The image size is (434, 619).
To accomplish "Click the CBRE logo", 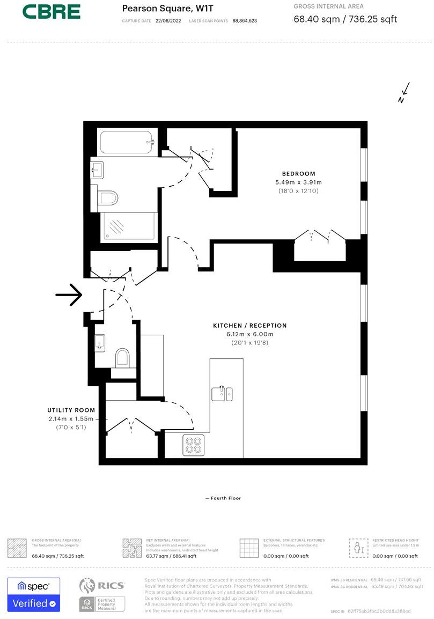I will pos(52,11).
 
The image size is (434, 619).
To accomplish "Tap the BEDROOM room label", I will pos(299,173).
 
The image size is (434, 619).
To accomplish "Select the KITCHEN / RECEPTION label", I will pos(249,326).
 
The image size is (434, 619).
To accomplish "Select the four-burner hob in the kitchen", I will pos(193,445).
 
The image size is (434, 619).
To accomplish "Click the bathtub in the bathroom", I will pos(127,142).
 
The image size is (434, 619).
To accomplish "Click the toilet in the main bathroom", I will pos(107,198).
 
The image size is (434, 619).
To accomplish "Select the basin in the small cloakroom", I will pos(100,342).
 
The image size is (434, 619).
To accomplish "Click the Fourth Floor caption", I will pos(223,498).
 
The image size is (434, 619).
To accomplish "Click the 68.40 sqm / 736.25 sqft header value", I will pos(345,20).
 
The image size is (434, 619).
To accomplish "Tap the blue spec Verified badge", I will pos(33,595).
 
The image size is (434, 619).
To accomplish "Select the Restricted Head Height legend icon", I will pos(357,548).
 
